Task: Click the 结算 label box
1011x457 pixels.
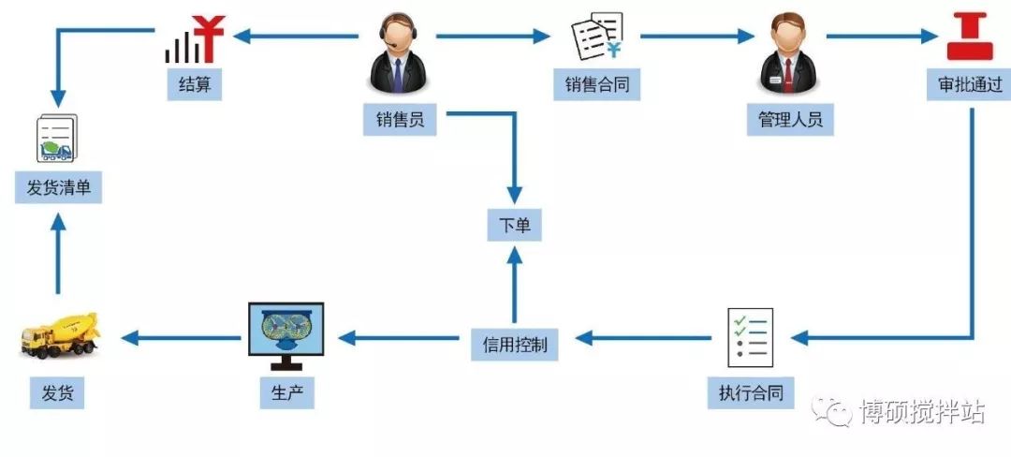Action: [x=195, y=85]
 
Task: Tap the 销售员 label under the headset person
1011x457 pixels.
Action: [x=400, y=119]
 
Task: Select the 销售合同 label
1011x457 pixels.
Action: [x=596, y=85]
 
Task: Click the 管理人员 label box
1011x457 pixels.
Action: [x=789, y=119]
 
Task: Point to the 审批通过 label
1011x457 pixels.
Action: [x=970, y=85]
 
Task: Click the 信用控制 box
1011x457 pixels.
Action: [x=515, y=345]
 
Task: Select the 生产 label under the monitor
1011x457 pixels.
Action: [x=286, y=392]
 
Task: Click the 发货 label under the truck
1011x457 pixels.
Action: [x=57, y=392]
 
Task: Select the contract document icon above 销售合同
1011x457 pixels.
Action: [x=597, y=37]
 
